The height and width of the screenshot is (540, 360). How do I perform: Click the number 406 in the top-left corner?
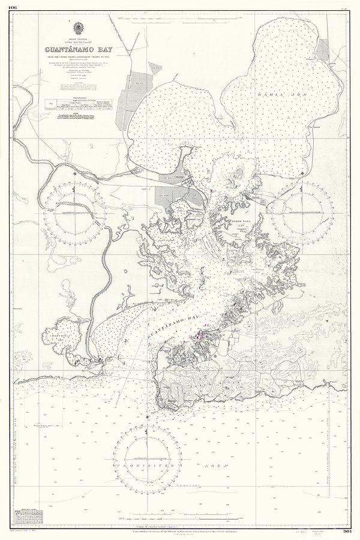13,8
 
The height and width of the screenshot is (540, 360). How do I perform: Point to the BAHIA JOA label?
275,95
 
